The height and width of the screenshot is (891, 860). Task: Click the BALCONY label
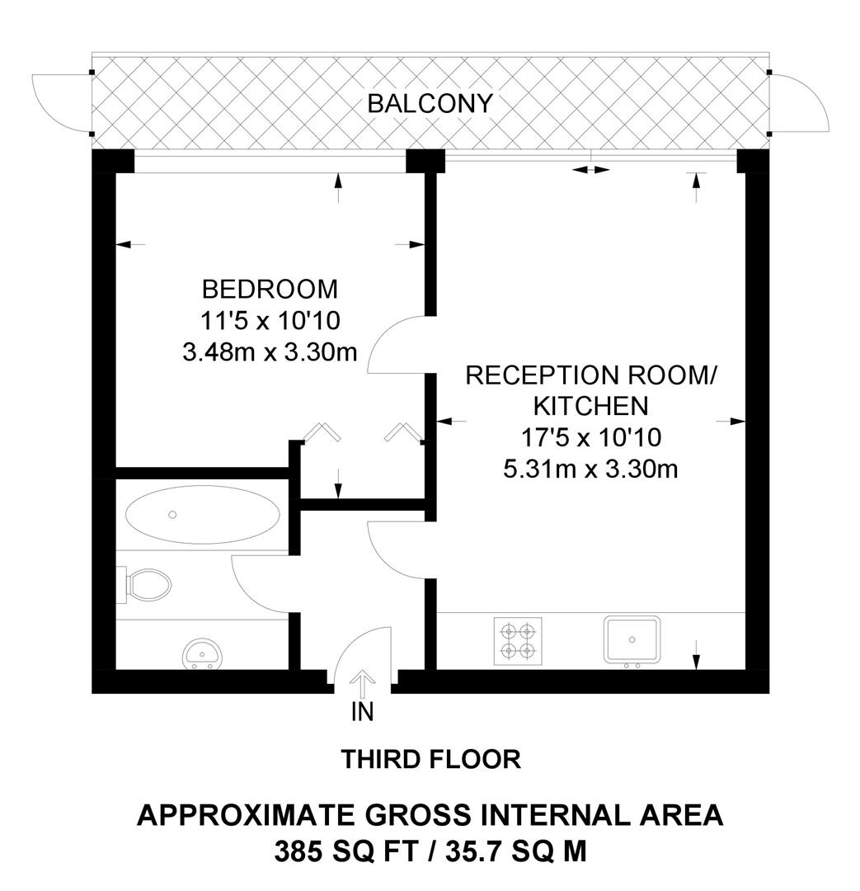pos(430,104)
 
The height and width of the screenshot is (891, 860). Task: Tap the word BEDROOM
pos(270,290)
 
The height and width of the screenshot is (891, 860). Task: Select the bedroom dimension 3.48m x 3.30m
pos(270,353)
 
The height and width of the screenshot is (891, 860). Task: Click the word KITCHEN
pos(590,406)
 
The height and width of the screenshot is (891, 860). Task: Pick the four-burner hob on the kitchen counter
pos(518,640)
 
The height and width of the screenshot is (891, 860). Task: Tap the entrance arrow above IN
pos(362,685)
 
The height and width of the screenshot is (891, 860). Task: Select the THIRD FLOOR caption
pos(430,759)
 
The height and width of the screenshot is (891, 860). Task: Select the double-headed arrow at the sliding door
pos(591,170)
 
